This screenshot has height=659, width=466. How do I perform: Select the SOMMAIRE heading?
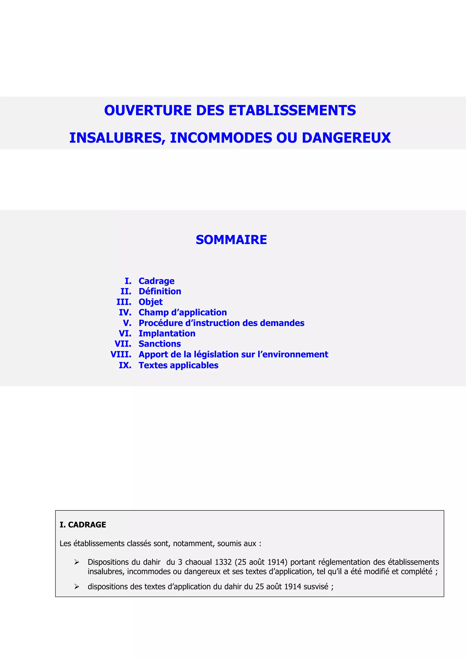click(x=231, y=240)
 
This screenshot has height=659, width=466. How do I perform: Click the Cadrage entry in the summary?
click(x=156, y=281)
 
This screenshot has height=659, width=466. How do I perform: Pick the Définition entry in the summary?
click(x=160, y=291)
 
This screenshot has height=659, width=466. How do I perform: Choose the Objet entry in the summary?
click(x=150, y=302)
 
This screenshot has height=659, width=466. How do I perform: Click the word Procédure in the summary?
click(x=160, y=323)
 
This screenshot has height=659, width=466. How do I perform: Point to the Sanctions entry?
click(x=160, y=344)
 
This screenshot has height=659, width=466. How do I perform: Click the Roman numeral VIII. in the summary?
click(x=121, y=355)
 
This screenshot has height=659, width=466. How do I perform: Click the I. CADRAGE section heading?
click(x=83, y=525)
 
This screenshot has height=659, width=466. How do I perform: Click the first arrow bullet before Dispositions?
click(x=77, y=562)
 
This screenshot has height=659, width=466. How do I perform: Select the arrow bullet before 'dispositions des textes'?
click(x=77, y=586)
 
